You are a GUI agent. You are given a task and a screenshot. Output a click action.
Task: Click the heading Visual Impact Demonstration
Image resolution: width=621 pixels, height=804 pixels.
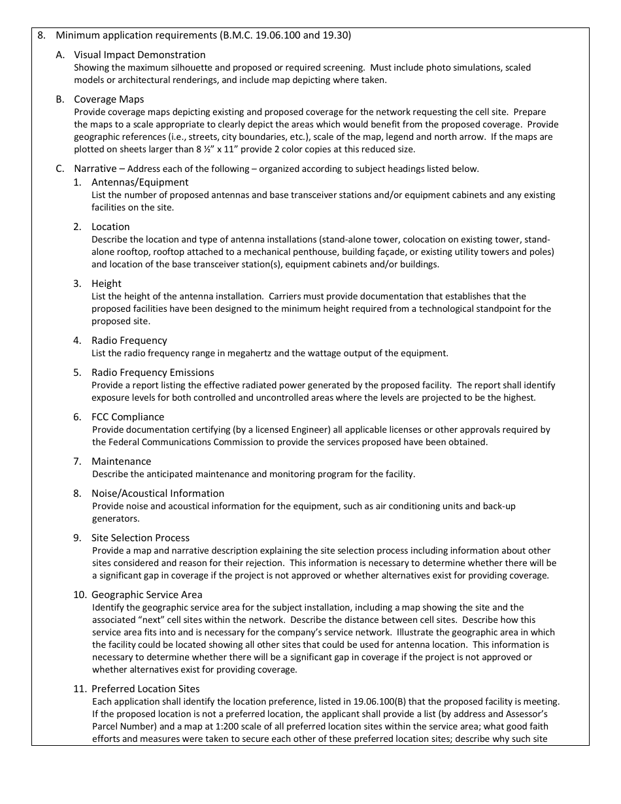(139, 55)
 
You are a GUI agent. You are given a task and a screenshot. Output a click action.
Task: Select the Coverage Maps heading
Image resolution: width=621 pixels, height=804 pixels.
(109, 99)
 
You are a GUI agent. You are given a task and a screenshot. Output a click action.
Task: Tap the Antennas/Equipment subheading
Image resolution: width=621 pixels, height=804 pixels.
(140, 182)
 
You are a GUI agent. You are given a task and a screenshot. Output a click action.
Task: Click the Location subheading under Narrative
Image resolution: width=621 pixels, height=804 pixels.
(110, 227)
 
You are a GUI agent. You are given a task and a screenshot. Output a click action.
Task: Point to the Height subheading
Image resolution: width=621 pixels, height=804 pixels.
(107, 284)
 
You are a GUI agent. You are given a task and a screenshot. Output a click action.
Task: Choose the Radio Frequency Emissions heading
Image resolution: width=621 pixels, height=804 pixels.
(152, 373)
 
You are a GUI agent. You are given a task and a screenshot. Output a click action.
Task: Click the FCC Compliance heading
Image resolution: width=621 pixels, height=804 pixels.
(127, 417)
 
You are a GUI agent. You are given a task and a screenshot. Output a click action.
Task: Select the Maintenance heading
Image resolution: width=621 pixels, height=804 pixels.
(121, 461)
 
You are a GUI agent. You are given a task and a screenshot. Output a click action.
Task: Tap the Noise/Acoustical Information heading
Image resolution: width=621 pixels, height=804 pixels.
(158, 494)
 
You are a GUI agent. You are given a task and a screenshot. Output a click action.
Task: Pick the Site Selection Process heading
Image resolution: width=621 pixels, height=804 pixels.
(141, 538)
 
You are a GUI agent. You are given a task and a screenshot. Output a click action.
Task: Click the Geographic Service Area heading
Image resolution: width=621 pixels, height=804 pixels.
(146, 595)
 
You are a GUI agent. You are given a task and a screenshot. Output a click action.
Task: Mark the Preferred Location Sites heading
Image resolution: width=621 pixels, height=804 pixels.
(145, 689)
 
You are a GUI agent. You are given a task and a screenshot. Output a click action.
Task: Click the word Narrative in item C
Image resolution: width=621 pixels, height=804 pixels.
(95, 169)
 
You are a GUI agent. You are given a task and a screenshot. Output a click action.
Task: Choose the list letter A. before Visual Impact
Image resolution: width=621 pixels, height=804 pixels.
(60, 55)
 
